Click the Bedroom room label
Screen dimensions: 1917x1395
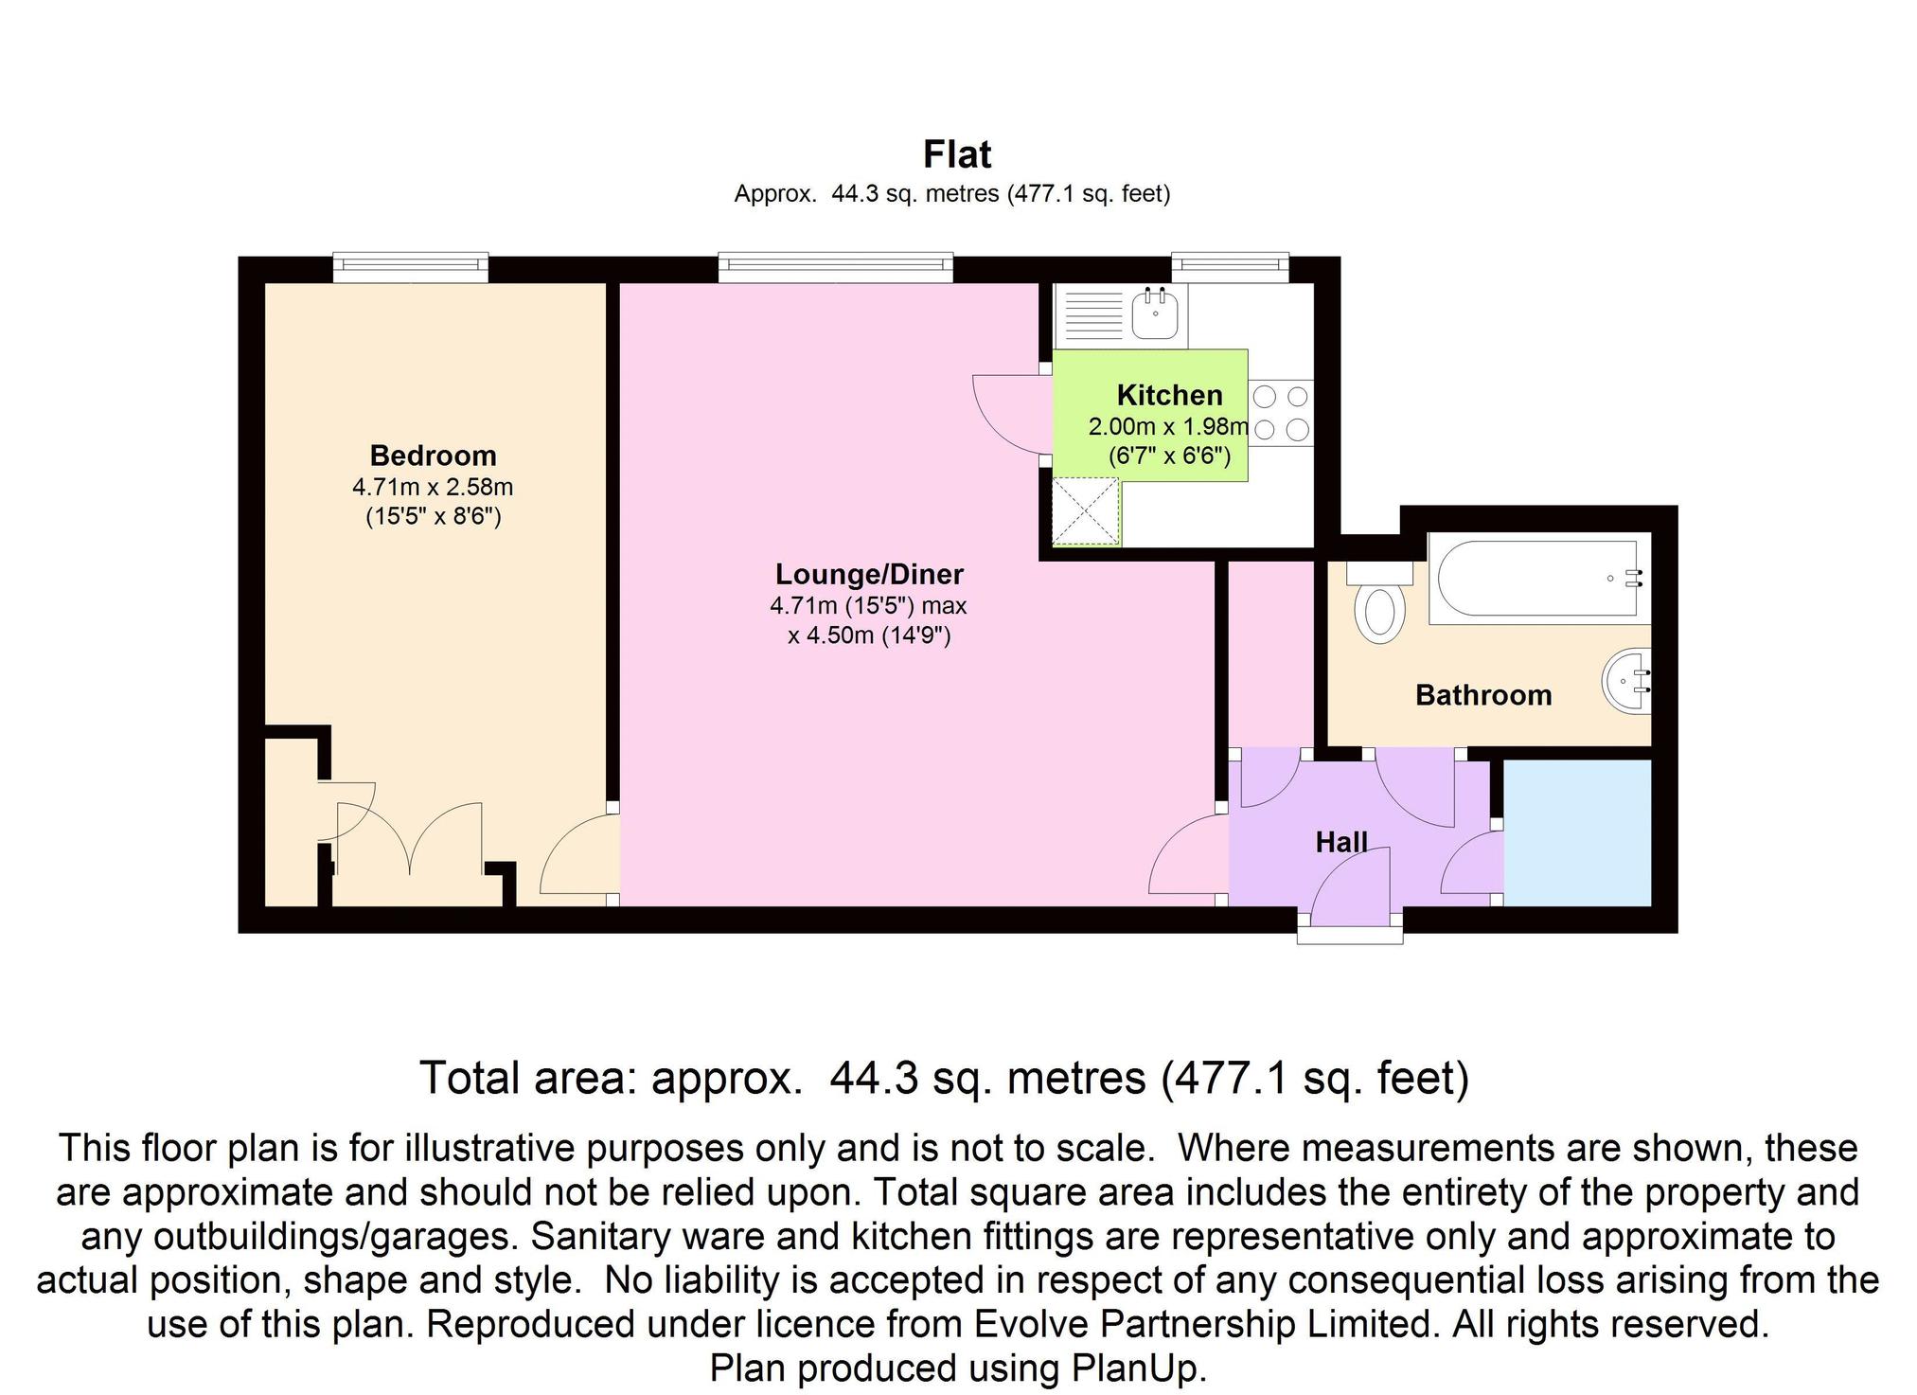(433, 456)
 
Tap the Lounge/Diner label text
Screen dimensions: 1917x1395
(869, 574)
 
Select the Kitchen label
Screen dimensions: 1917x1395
(1169, 395)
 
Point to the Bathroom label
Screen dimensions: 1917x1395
(1483, 695)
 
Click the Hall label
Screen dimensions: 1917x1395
(1341, 842)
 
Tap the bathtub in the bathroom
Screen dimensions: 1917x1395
(1538, 578)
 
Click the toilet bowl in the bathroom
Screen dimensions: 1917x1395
(1379, 611)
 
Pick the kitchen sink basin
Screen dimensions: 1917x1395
(1155, 313)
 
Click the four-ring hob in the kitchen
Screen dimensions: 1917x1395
(1282, 412)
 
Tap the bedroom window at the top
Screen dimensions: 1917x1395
(410, 267)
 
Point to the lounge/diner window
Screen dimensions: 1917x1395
(835, 267)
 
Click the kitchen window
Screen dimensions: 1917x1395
(1230, 267)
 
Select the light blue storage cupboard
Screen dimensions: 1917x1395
(1577, 832)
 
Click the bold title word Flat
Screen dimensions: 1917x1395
(957, 153)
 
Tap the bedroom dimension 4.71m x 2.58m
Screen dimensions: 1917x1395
(433, 487)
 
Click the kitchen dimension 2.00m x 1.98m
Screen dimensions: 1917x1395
(1168, 427)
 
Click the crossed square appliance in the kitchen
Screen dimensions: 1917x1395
(1086, 511)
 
